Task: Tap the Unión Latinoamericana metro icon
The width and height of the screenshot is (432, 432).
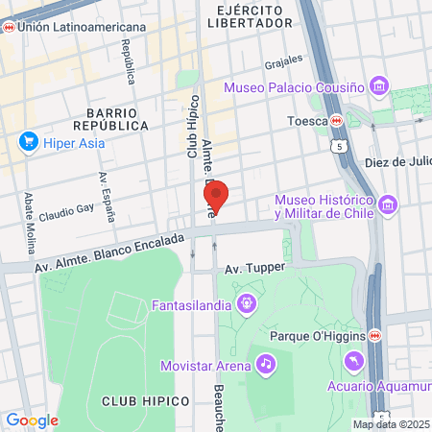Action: (9, 27)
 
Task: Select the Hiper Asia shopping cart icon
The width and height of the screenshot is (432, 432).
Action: (28, 144)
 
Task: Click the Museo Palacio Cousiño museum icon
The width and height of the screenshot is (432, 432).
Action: (380, 87)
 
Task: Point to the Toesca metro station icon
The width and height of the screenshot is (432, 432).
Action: (337, 121)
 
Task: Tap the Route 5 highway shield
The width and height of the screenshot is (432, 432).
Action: (339, 147)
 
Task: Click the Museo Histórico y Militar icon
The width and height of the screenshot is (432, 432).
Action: (388, 204)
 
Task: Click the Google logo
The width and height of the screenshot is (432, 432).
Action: (32, 420)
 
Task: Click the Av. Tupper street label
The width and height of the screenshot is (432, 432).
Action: (251, 271)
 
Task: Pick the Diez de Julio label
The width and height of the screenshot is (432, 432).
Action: (399, 161)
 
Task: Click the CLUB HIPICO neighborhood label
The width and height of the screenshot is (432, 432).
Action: (136, 399)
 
